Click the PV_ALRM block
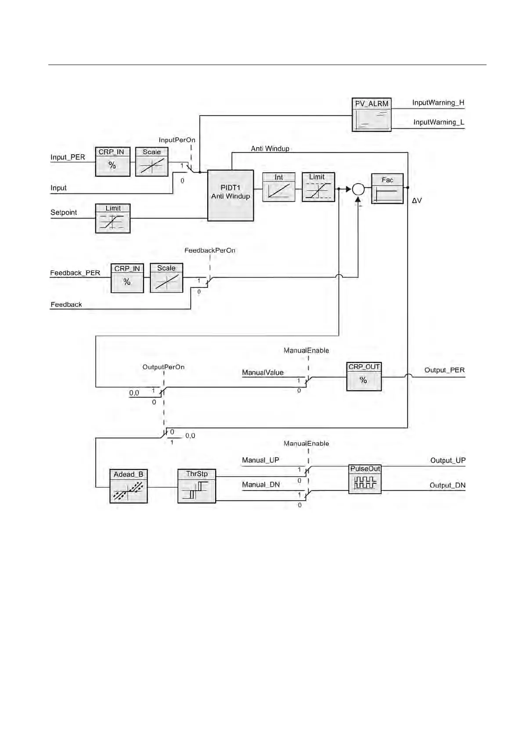tap(372, 115)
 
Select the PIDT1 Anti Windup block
tap(231, 195)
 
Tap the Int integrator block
tap(279, 187)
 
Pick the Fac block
tap(387, 189)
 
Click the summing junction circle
tap(358, 189)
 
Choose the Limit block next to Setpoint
tap(113, 218)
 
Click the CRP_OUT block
tap(364, 377)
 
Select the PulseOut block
tap(365, 479)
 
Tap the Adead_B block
tap(128, 486)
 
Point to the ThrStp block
tap(197, 486)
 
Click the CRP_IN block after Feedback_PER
tap(127, 278)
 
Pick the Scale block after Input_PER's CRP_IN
tap(151, 162)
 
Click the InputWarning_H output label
tap(438, 103)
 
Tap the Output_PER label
tap(444, 370)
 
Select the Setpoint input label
tap(64, 213)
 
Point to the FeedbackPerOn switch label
tap(210, 250)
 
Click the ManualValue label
tap(263, 373)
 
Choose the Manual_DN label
tap(261, 485)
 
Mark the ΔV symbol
tap(417, 201)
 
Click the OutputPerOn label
tap(163, 367)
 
